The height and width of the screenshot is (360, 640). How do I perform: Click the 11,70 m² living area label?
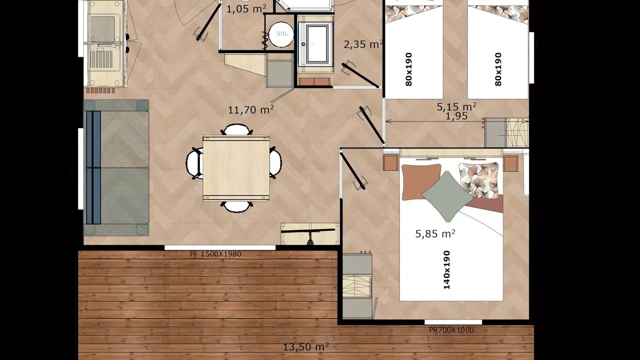click(x=251, y=109)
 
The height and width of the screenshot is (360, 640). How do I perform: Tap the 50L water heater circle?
click(x=281, y=34)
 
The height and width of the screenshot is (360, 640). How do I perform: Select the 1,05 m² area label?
click(x=246, y=9)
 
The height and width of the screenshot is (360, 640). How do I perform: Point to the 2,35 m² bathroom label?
click(x=363, y=44)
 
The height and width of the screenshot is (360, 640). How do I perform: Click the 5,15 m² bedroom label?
click(x=456, y=106)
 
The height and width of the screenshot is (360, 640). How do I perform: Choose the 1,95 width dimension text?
click(x=456, y=116)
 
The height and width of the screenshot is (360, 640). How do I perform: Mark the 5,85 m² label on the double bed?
click(x=435, y=233)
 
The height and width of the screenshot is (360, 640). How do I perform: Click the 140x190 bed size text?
click(x=446, y=269)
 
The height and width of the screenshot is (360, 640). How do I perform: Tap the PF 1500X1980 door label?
click(x=215, y=254)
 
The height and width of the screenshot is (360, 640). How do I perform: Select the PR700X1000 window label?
click(x=451, y=330)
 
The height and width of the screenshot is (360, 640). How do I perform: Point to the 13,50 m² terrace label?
click(x=305, y=347)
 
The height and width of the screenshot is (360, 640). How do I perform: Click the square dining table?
click(x=236, y=168)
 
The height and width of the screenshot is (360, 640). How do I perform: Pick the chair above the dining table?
click(x=236, y=129)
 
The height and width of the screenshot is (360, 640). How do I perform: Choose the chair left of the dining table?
click(x=194, y=163)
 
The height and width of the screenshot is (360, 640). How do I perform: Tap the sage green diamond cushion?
click(x=447, y=196)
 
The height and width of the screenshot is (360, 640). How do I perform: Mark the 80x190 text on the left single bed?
click(x=409, y=69)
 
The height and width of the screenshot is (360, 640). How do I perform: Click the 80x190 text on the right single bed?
click(x=498, y=69)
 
